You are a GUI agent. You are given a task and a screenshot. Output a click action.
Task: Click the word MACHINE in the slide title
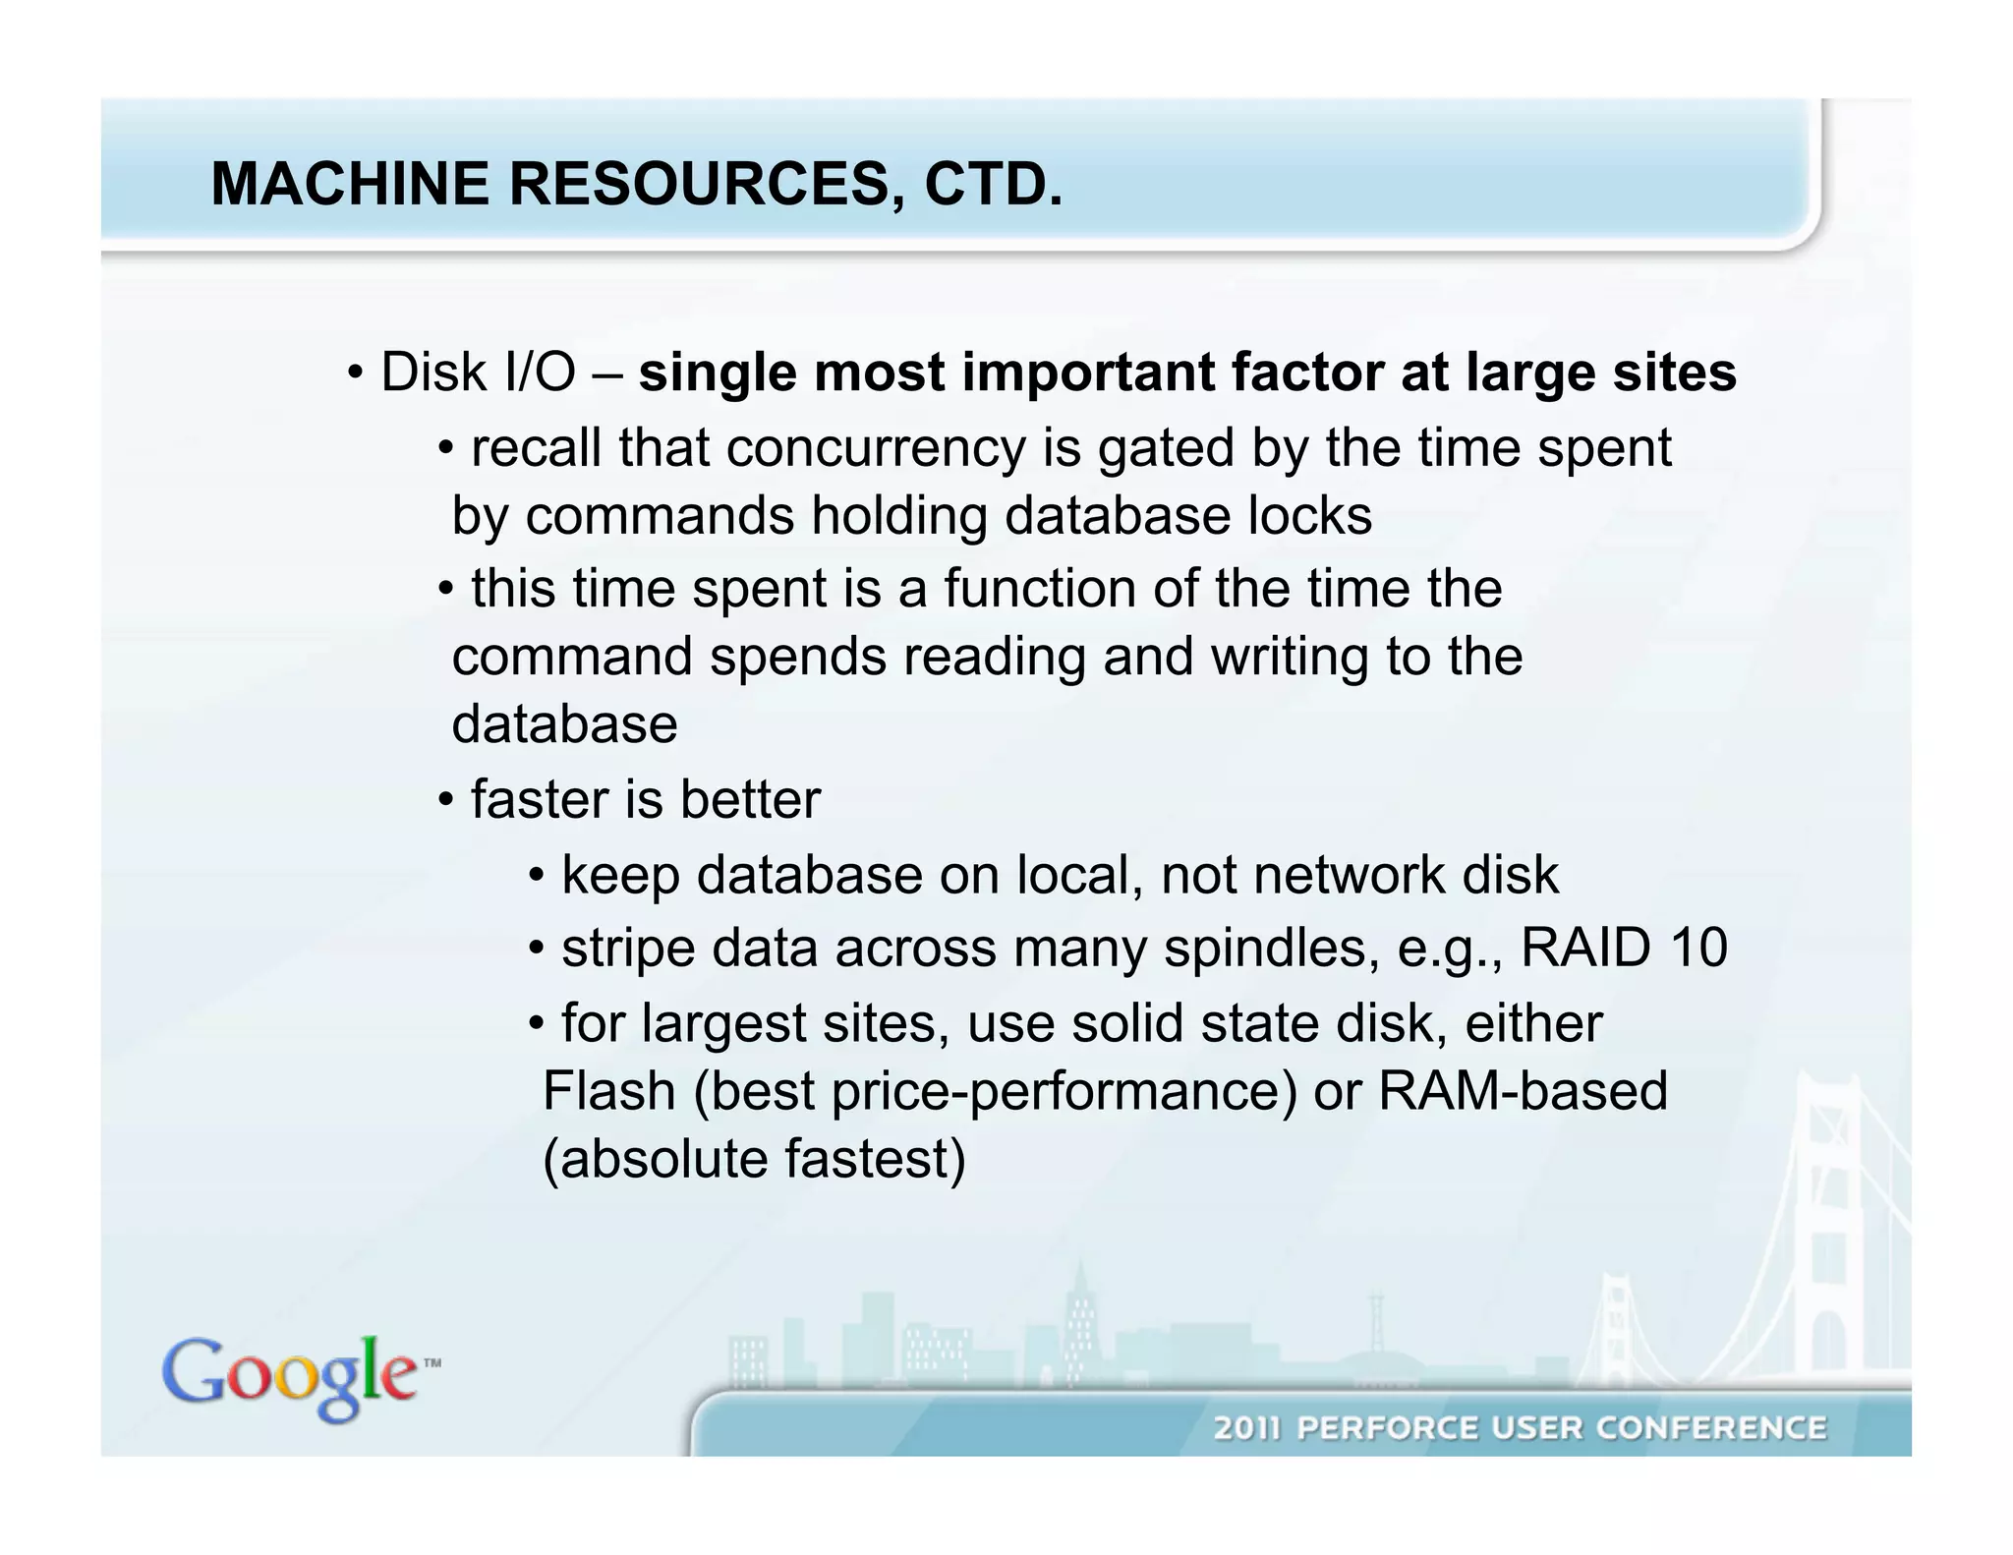tap(349, 184)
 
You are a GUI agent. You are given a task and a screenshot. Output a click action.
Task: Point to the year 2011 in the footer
tap(1247, 1428)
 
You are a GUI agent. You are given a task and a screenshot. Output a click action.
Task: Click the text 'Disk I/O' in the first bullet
tap(478, 373)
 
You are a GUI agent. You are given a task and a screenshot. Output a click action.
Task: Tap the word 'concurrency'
tap(876, 448)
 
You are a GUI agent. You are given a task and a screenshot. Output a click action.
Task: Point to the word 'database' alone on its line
tap(564, 724)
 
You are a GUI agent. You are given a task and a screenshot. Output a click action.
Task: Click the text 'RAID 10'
tap(1623, 949)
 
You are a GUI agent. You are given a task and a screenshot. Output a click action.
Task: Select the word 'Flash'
tap(608, 1091)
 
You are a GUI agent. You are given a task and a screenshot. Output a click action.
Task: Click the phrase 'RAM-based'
tap(1523, 1091)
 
